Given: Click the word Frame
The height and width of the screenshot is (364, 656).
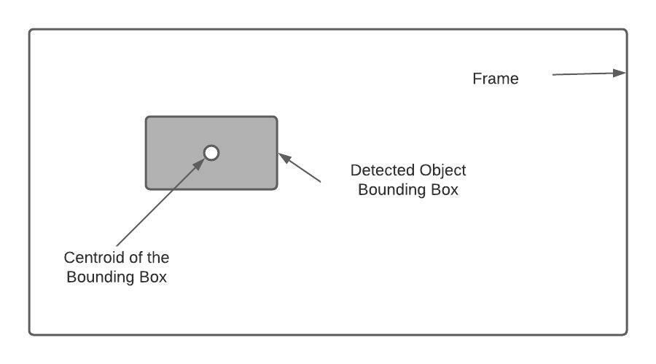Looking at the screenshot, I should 496,79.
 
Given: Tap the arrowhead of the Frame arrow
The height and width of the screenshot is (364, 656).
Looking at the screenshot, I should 621,73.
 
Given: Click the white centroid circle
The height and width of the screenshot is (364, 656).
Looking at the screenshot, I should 211,153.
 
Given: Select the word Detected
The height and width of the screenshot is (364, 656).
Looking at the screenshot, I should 383,170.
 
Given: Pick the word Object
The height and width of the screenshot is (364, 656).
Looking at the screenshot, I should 442,170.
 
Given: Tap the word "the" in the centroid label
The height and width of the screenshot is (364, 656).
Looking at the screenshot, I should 158,258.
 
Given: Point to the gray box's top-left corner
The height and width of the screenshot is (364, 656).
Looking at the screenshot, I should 147,118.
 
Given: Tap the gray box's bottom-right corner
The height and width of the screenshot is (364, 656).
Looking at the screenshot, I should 276,188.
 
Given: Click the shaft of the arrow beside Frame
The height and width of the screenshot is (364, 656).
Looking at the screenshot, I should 583,74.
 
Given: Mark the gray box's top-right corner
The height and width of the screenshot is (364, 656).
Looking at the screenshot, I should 276,118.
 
